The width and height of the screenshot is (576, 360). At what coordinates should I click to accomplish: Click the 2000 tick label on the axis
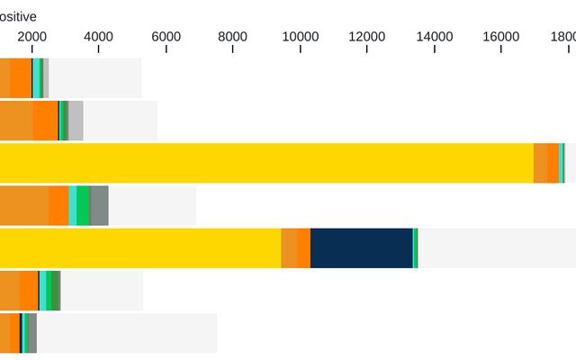pos(31,37)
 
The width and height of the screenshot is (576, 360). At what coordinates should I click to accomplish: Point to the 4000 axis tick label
pos(98,37)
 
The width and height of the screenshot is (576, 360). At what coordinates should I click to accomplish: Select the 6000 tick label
pos(166,37)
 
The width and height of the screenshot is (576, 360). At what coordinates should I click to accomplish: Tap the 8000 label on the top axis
pos(233,37)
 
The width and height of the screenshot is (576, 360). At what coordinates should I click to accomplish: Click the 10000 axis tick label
pos(300,37)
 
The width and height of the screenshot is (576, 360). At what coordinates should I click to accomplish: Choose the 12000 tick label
pos(367,37)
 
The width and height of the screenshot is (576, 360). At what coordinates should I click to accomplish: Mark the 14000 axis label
pos(435,37)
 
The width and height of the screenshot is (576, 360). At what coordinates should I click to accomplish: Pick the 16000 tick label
pos(501,37)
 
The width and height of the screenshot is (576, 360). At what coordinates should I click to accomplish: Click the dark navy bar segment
pos(361,247)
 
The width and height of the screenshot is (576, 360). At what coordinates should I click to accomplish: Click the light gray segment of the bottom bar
pos(126,333)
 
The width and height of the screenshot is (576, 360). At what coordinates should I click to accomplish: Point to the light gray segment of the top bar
pos(94,78)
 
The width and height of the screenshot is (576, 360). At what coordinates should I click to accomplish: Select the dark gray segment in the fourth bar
pos(99,205)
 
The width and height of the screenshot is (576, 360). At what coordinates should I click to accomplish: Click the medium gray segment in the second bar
pos(76,121)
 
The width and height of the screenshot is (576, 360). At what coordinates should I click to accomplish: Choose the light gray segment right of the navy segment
pos(495,247)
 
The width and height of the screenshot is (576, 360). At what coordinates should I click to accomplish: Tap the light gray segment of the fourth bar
pos(152,205)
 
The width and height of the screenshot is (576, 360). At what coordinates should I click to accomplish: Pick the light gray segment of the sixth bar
pos(101,290)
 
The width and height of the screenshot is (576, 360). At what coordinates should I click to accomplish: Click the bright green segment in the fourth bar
pos(83,205)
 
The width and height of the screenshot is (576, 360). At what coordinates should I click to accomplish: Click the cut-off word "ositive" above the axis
pos(18,15)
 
